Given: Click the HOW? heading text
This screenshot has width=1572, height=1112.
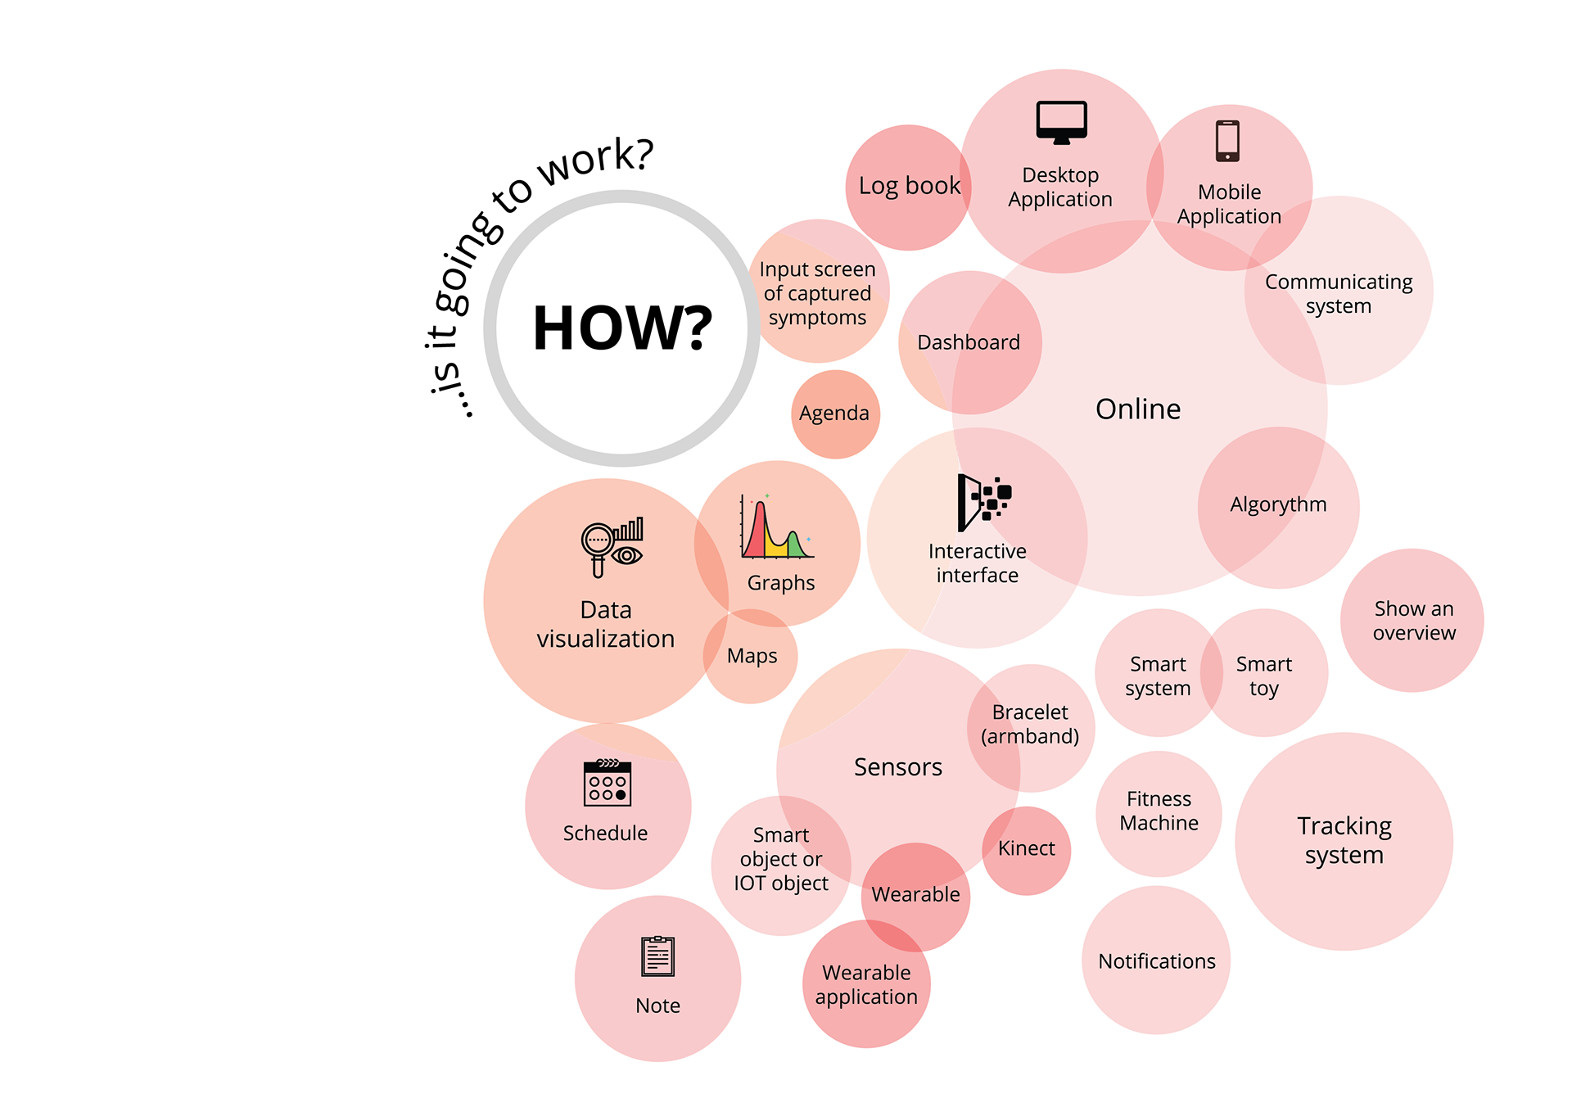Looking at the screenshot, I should tap(622, 328).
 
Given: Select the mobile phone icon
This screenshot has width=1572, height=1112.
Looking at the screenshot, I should tap(1227, 141).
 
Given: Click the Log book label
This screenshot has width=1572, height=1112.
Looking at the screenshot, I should tap(909, 186).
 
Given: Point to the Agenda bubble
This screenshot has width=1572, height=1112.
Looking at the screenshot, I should tap(834, 414).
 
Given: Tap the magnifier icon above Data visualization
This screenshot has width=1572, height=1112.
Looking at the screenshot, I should tap(611, 545).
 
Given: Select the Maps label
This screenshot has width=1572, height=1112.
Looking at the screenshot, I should tap(752, 656).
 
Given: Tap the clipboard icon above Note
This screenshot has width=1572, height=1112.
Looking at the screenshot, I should tap(657, 956).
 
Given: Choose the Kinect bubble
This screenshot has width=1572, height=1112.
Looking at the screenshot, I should tap(1027, 849).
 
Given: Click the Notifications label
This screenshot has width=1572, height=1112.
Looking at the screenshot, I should tap(1156, 961).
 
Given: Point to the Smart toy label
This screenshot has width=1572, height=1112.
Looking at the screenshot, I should tap(1263, 676).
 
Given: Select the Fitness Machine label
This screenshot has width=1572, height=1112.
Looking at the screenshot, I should tap(1159, 811).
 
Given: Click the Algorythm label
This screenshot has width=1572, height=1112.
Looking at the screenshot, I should tap(1278, 504).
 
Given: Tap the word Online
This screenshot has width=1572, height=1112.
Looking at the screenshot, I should tap(1138, 409).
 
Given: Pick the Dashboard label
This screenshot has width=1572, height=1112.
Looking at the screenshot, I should tap(969, 342).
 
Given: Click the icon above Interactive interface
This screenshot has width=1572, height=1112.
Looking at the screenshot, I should tap(984, 499).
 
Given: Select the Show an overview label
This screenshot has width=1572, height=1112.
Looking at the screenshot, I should tap(1414, 621).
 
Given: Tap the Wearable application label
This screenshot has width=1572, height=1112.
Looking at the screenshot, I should tap(866, 984).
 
